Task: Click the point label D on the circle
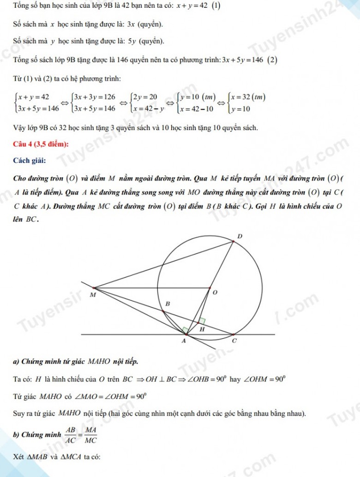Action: [239, 237]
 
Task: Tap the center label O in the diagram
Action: [215, 292]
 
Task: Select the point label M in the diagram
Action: [93, 294]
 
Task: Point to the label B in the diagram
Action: [168, 304]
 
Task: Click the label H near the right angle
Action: [202, 329]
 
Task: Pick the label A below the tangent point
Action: [183, 341]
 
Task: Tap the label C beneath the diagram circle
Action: [234, 341]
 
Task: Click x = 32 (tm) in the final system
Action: [248, 96]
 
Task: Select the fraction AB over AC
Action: [70, 435]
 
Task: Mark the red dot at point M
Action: [94, 287]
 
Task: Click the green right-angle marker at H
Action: [202, 321]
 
